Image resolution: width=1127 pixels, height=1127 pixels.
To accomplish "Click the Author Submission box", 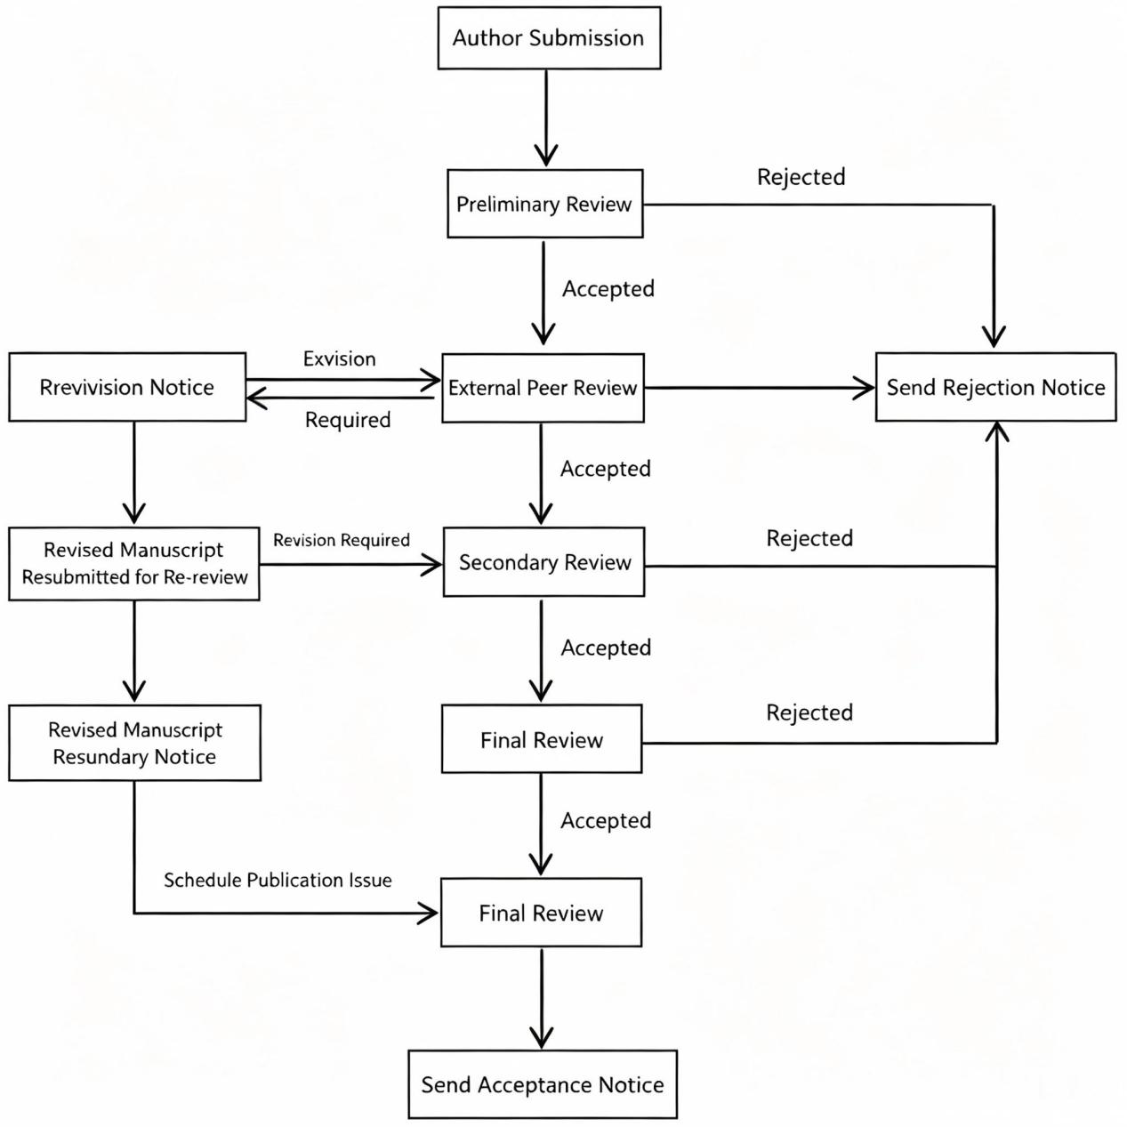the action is pos(549,38).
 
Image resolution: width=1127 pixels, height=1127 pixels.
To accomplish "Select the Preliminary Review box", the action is pos(545,204).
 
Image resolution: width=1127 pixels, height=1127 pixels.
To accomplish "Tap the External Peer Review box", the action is pos(543,388).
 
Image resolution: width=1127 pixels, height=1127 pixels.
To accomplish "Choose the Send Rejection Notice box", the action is pos(995,387).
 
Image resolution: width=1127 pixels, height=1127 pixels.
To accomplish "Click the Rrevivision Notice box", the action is pos(127,387).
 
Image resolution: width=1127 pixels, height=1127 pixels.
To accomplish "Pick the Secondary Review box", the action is pos(543,562).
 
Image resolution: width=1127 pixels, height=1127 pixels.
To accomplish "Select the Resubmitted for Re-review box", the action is pos(134,564).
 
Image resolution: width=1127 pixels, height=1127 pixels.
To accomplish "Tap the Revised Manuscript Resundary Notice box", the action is pos(134,743).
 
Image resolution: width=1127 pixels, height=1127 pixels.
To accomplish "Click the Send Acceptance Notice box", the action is pos(543,1084).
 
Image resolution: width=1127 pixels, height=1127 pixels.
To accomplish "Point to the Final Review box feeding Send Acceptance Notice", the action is pos(541,913).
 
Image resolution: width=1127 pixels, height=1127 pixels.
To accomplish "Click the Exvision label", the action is pos(339,358).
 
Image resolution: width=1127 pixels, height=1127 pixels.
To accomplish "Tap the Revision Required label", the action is pos(342,540).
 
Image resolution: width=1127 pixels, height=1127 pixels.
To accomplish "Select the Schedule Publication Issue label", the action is pos(278,881).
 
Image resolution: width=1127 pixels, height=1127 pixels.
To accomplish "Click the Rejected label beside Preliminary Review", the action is pos(801,177).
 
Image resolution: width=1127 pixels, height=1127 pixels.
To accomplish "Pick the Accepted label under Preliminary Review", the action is pos(608,289).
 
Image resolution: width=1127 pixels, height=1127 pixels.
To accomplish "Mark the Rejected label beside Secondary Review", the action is pos(809,538).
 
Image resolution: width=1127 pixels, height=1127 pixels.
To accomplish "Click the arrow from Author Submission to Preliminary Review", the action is pos(546,118).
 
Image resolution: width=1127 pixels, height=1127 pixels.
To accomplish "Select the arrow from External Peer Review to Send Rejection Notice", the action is pos(760,387).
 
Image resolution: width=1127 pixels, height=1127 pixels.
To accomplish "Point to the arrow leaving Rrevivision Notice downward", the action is pos(134,472).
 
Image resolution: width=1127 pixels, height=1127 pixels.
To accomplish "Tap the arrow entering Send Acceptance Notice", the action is pos(542,998).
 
